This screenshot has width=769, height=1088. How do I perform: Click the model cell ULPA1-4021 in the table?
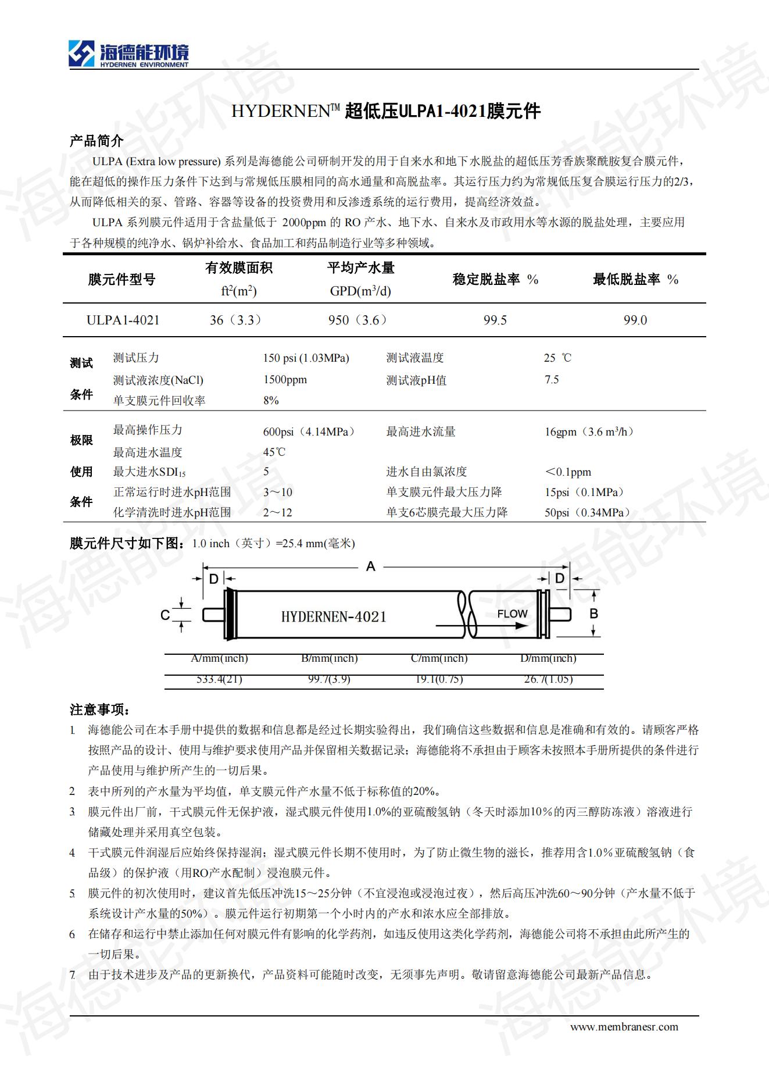pos(123,320)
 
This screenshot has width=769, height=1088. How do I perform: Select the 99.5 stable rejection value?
pos(495,320)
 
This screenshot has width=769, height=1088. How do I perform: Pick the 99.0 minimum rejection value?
pos(635,320)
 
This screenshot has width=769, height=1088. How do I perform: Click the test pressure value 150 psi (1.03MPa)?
pos(306,358)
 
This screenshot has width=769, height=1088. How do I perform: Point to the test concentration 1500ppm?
pos(285,380)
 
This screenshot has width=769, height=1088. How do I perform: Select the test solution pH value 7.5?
pos(552,380)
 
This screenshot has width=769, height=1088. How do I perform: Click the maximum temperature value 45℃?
pos(274,452)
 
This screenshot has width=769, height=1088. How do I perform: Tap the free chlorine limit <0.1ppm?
pos(567,472)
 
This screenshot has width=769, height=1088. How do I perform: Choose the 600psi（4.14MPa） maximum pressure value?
pos(309,432)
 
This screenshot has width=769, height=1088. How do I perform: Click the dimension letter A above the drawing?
pos(370,566)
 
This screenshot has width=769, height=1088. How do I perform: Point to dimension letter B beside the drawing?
pos(593,613)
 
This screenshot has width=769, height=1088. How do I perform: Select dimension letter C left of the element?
pos(165,615)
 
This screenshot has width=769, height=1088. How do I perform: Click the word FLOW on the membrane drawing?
pos(512,613)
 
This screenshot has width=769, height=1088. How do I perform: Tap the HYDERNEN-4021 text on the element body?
pos(334,617)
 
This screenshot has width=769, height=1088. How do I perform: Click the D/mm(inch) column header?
pos(548,658)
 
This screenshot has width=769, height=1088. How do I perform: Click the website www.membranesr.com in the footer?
pos(624,1026)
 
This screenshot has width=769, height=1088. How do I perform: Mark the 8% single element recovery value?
pos(271,401)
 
